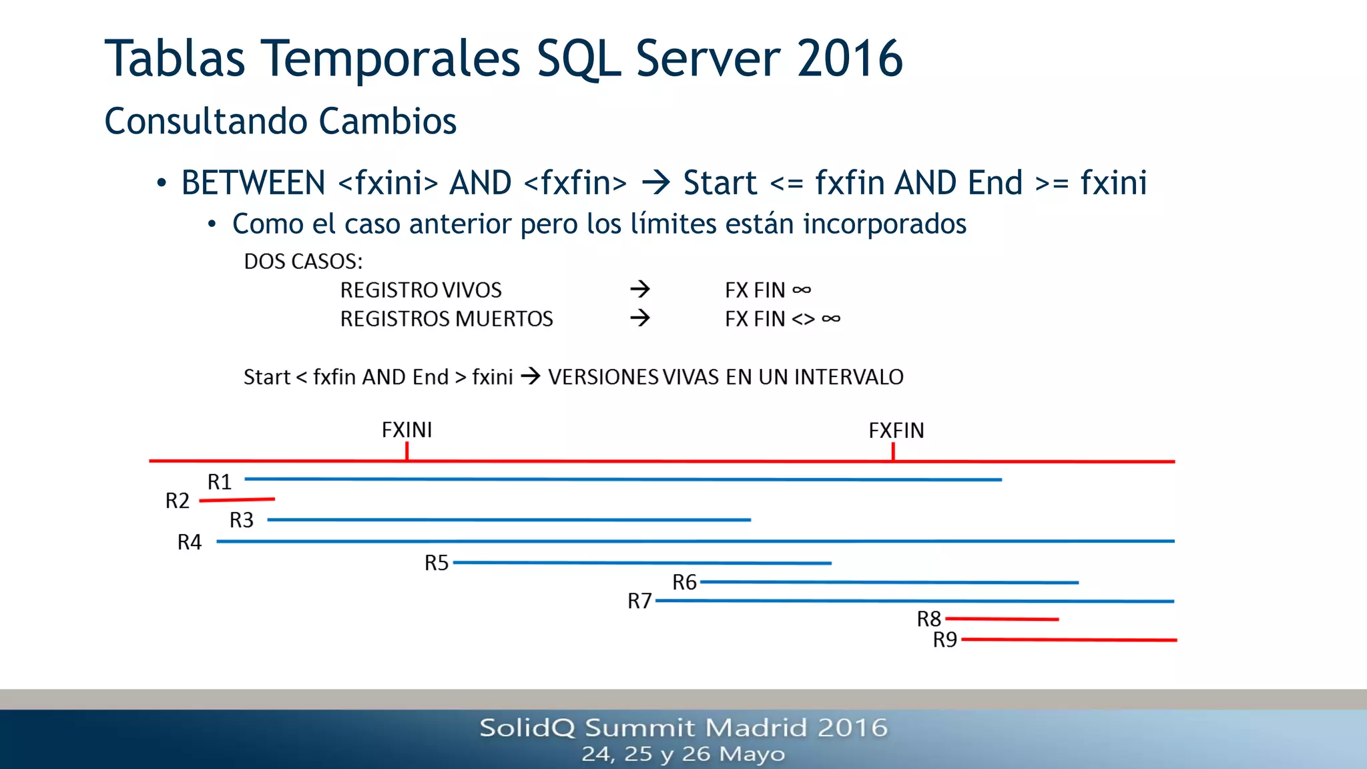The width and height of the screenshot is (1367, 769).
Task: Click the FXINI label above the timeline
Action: (406, 430)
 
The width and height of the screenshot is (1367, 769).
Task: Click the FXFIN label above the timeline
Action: (896, 431)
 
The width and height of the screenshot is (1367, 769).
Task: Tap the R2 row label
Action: (178, 501)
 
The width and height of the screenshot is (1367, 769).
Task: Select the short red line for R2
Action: (237, 499)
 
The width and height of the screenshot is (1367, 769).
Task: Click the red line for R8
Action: (1001, 619)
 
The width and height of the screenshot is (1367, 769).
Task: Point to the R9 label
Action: (944, 640)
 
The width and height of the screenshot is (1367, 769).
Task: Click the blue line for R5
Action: (641, 563)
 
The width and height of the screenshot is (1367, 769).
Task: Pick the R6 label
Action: (684, 583)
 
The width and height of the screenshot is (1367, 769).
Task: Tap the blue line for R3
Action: (507, 519)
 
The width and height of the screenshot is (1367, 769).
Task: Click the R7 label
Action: (639, 601)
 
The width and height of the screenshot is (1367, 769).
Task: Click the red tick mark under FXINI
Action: (406, 452)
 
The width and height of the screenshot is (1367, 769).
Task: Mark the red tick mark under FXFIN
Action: (893, 452)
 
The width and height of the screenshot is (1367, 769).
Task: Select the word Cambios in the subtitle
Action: (387, 121)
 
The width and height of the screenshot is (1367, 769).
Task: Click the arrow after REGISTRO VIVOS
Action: (639, 289)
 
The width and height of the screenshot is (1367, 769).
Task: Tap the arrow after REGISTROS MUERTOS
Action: (639, 318)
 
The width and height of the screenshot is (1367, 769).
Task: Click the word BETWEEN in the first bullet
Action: (253, 183)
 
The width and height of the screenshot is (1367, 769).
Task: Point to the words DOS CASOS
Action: (303, 261)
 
